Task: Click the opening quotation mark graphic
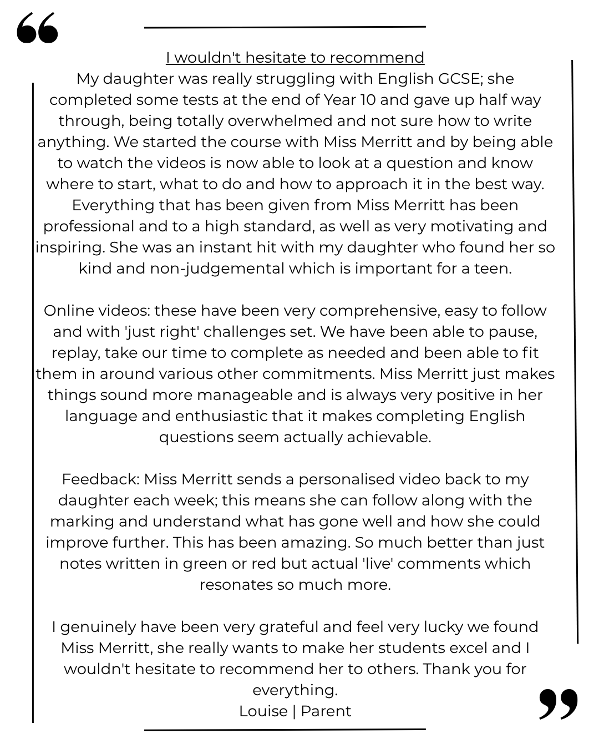click(x=37, y=29)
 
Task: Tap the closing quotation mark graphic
click(x=559, y=704)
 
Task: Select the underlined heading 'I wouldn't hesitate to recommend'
click(x=295, y=58)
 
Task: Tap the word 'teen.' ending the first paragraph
click(x=493, y=269)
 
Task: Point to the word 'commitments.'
click(x=319, y=374)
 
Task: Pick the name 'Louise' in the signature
click(x=263, y=711)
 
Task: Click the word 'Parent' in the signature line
click(x=326, y=711)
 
